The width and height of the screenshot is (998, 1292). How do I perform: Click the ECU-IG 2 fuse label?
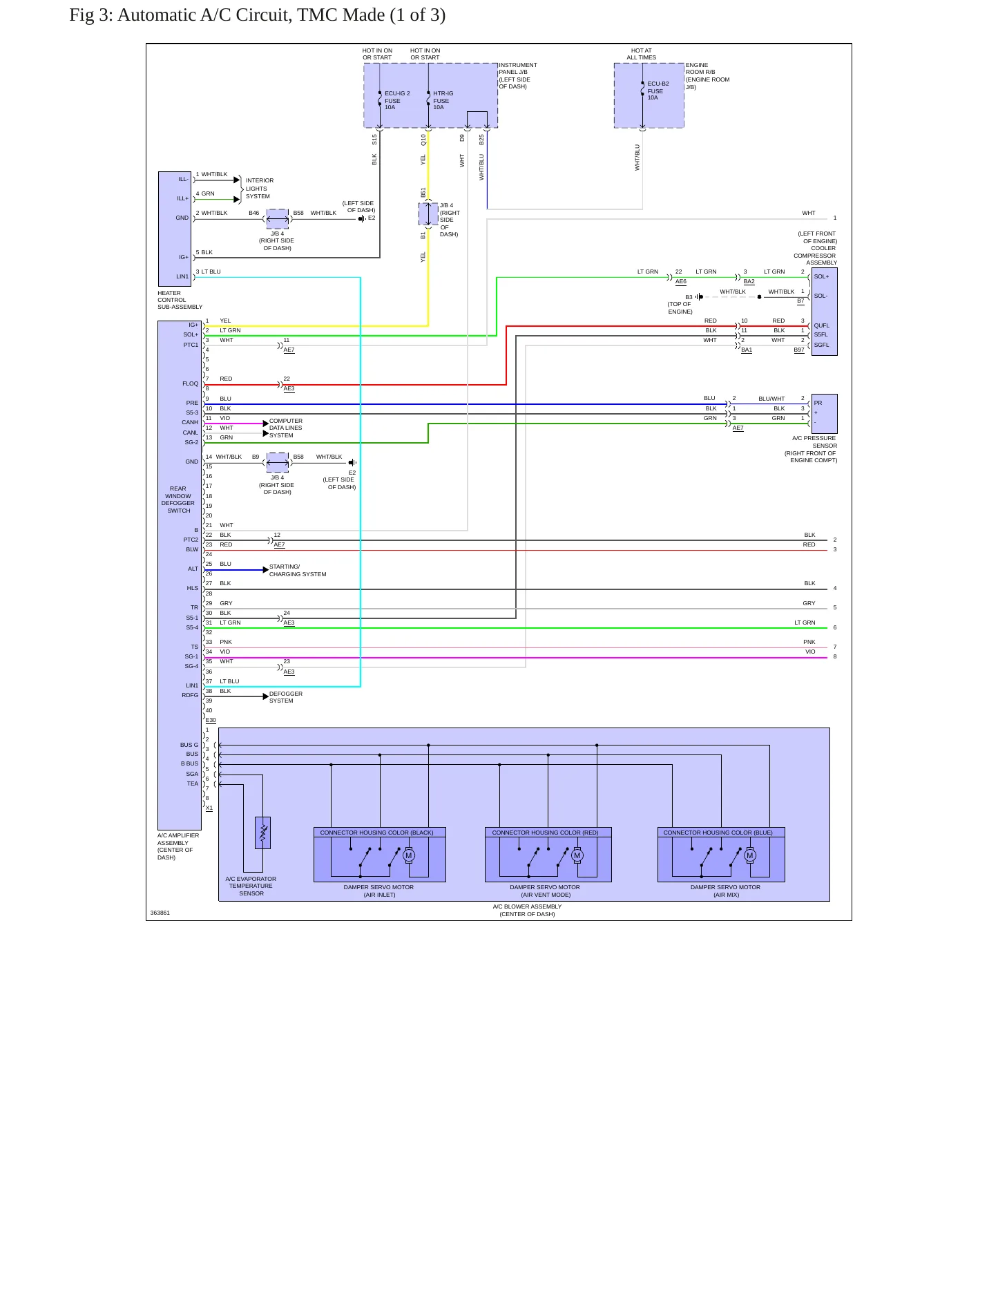click(397, 100)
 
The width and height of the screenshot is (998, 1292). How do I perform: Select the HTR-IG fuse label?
click(443, 100)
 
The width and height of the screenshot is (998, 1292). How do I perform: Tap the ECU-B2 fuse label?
click(658, 91)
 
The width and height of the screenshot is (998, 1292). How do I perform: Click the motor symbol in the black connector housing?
click(409, 855)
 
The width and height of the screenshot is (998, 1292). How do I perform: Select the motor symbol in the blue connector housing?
click(750, 855)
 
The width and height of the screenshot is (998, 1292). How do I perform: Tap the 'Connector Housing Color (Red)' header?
click(546, 833)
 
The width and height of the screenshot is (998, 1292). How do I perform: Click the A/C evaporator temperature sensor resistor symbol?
click(263, 833)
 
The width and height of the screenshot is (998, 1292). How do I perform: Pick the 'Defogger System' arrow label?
click(286, 697)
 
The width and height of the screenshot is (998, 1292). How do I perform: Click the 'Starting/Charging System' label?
click(298, 571)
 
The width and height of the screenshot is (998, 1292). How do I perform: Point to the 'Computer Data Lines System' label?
click(286, 428)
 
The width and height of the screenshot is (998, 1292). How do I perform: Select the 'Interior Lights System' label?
click(260, 189)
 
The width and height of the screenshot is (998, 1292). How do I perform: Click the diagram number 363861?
click(160, 913)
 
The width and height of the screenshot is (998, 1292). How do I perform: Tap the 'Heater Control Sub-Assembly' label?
click(180, 300)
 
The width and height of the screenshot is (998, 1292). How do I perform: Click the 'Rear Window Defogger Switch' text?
click(178, 500)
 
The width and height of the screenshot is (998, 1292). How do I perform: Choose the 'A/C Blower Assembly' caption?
click(527, 911)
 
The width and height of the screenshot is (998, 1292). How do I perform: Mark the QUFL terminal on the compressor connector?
click(822, 325)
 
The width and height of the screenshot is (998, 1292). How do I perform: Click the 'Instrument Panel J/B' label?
click(518, 76)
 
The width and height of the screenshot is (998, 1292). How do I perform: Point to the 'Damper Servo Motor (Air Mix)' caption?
click(726, 891)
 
